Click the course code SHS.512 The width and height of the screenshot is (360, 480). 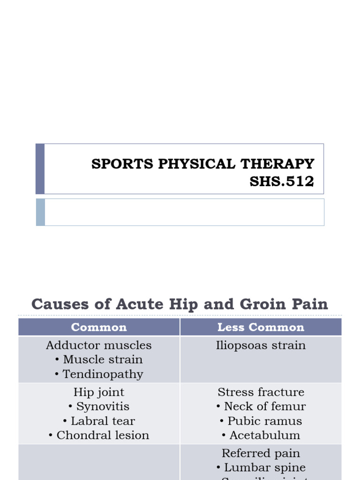click(282, 181)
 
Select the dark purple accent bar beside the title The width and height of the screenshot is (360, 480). click(40, 169)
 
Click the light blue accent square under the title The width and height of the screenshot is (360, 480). click(41, 212)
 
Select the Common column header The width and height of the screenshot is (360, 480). click(99, 327)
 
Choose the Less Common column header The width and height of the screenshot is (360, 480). click(261, 327)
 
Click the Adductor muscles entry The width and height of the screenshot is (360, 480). click(99, 345)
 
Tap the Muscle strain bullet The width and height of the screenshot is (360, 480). click(103, 360)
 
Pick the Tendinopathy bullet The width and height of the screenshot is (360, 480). click(103, 374)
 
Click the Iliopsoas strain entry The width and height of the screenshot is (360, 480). click(261, 345)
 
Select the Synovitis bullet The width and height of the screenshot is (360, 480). click(103, 406)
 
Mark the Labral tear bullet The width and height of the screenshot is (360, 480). click(103, 421)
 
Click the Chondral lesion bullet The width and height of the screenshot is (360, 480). click(103, 435)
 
